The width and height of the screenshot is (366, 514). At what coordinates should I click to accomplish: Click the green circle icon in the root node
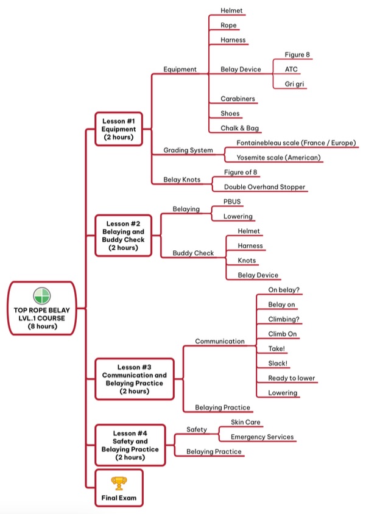point(42,296)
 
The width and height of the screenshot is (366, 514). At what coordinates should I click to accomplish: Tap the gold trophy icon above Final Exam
point(119,483)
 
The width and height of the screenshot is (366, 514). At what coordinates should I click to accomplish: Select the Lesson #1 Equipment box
point(119,129)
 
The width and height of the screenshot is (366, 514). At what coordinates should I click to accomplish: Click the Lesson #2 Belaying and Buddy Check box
point(123,235)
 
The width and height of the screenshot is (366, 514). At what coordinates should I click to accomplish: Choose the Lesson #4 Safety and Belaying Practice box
point(130,445)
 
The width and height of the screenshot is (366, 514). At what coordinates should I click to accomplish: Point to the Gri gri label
point(294,84)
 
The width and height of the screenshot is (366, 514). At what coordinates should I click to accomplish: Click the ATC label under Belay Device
point(291,69)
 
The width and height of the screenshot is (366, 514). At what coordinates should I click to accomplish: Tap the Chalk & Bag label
point(239,128)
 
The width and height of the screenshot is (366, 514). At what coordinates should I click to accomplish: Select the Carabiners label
point(238,99)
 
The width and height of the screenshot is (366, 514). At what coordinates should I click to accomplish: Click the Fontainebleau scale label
point(296,143)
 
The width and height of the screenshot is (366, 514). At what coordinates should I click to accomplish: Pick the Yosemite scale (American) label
point(278,158)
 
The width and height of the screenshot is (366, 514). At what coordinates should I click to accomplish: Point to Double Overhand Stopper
point(264,187)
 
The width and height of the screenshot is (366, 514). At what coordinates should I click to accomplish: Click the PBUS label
point(232,202)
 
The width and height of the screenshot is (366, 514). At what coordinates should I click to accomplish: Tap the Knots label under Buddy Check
point(247,261)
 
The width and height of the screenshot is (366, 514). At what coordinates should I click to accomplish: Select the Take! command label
point(276,349)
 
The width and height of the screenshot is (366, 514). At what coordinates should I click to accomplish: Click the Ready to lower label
point(291,378)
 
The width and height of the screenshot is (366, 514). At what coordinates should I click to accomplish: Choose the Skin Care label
point(245,422)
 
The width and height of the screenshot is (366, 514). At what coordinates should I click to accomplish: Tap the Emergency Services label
point(262,437)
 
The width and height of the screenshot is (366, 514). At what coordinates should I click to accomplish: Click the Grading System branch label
point(188,150)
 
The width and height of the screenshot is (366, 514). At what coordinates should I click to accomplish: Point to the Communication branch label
point(219,341)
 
